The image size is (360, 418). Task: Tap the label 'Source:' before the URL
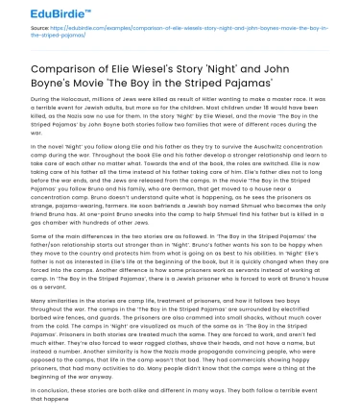39,31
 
